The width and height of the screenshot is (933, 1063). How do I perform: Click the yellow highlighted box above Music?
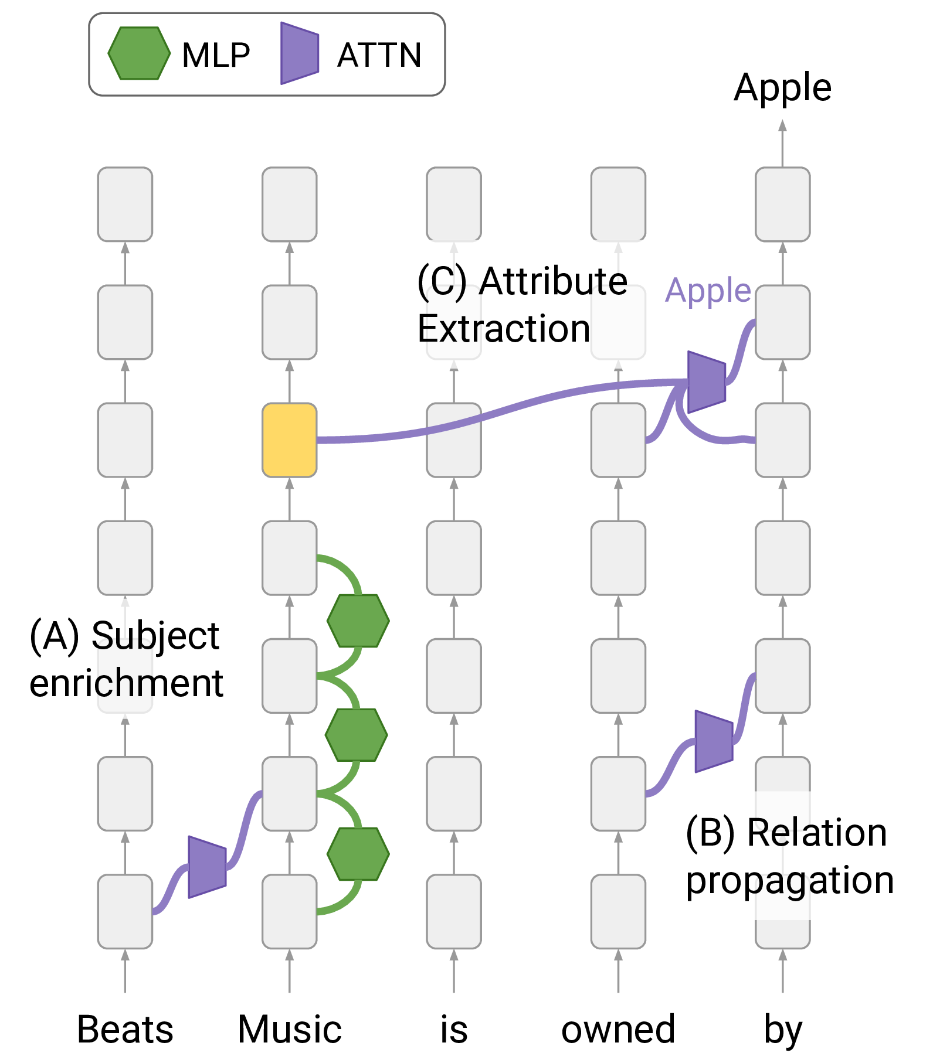pos(289,439)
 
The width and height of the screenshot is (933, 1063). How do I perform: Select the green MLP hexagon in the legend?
pos(139,53)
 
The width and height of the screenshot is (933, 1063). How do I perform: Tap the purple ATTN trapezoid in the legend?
pos(300,53)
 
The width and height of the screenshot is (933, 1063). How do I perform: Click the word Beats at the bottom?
pos(125,1030)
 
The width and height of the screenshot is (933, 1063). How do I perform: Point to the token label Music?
pos(289,1030)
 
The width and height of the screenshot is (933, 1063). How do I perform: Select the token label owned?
pos(618,1030)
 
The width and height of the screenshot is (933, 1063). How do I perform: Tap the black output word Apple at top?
pos(782,88)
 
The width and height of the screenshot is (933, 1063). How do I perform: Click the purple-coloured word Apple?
pos(708,290)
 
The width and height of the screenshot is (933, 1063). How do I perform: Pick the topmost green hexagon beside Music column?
pos(358,621)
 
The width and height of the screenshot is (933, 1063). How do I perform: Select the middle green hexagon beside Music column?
pos(357,735)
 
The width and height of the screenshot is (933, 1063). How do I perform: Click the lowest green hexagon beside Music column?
pos(358,854)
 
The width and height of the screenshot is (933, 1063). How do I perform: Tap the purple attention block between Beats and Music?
pos(207,867)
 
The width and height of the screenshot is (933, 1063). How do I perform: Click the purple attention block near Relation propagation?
pos(714,741)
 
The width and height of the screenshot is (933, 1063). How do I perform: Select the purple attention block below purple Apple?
pos(706,382)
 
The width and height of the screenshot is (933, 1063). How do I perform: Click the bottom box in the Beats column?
pos(125,911)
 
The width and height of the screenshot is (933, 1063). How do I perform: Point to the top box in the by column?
pos(782,205)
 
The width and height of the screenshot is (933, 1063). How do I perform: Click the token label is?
pos(454,1030)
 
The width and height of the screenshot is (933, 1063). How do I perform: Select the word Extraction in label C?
pos(503,329)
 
